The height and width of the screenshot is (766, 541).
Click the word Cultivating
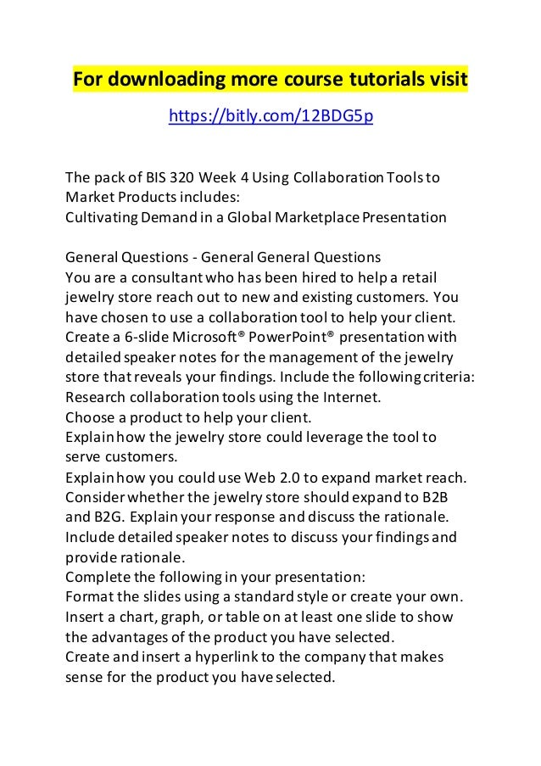pos(99,216)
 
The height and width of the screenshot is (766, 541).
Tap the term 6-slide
pos(134,338)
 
